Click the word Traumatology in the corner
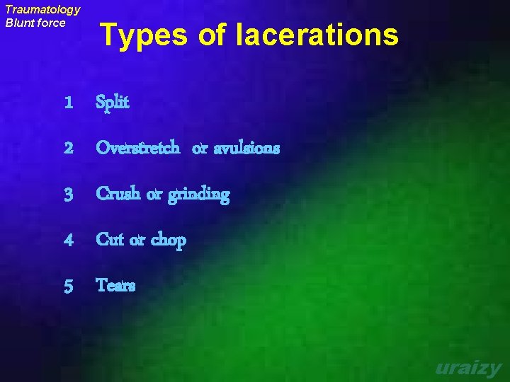click(x=42, y=10)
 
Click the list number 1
click(x=68, y=103)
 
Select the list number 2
click(x=68, y=149)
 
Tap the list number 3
click(x=68, y=195)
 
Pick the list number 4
click(x=68, y=241)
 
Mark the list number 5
click(x=68, y=286)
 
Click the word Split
click(x=113, y=103)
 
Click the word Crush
click(x=118, y=194)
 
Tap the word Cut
click(x=110, y=240)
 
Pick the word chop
click(x=168, y=241)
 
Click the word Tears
click(x=115, y=285)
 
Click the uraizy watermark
click(x=468, y=369)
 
